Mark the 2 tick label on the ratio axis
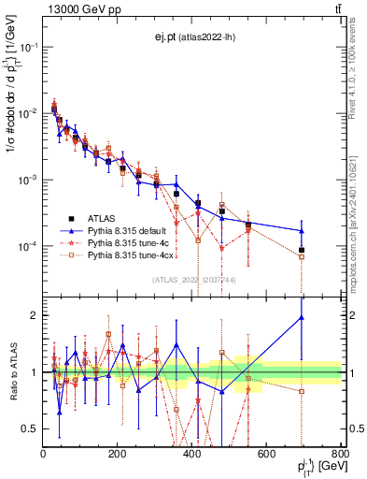point(34,315)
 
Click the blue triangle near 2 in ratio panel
point(328,317)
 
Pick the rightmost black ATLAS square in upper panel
point(328,250)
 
